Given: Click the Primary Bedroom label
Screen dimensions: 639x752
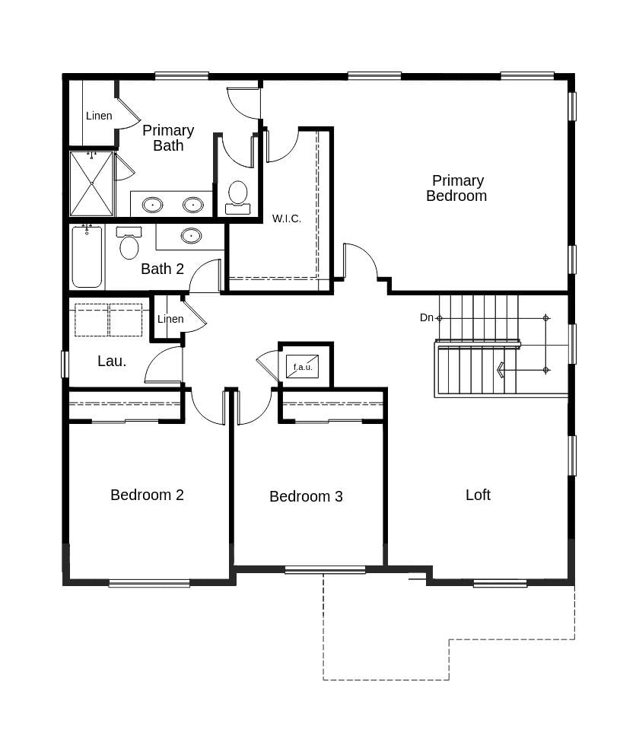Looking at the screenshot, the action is [x=456, y=188].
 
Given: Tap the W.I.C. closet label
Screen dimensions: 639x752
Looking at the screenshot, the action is [x=287, y=218].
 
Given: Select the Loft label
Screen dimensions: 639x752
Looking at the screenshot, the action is [x=478, y=495].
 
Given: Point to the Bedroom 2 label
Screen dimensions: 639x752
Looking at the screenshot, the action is [x=147, y=495].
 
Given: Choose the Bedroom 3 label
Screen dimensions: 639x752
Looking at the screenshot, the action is [x=307, y=496].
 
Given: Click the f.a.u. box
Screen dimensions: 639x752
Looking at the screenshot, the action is [x=303, y=367].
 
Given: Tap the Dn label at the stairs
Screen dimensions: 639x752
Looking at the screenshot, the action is [x=426, y=317].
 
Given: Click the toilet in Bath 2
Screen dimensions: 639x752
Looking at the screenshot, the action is [x=129, y=243].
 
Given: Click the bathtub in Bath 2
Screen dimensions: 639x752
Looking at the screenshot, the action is [x=87, y=257].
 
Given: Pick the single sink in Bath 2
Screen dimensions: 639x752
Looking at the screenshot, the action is [x=191, y=235].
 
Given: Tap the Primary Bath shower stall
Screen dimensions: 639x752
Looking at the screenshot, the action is [x=91, y=183].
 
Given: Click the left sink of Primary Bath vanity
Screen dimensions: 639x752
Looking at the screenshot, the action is [x=153, y=205].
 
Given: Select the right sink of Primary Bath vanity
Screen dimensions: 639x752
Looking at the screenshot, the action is [x=193, y=205].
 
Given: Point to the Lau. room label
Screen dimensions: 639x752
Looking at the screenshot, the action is [x=112, y=361].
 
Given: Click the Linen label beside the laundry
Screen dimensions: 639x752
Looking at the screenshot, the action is [x=170, y=319].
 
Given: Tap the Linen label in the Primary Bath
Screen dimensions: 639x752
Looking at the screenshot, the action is [x=99, y=116].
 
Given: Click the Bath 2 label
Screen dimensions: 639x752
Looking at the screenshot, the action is [x=163, y=269].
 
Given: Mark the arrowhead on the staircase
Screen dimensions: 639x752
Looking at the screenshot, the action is [x=500, y=370].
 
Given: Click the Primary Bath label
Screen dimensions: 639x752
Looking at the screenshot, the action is [x=168, y=138].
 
